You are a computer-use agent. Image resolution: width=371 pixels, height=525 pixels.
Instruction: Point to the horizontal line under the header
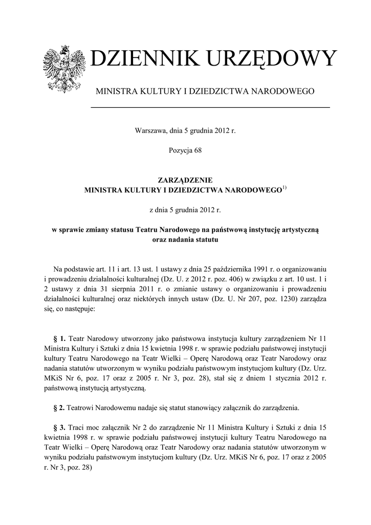(x=210, y=107)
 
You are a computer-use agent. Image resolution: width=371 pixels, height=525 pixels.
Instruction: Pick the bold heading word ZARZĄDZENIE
(x=185, y=180)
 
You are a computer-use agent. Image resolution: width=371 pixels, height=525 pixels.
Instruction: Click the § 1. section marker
(x=60, y=339)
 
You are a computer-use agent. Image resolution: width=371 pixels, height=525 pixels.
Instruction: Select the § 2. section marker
(x=60, y=408)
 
